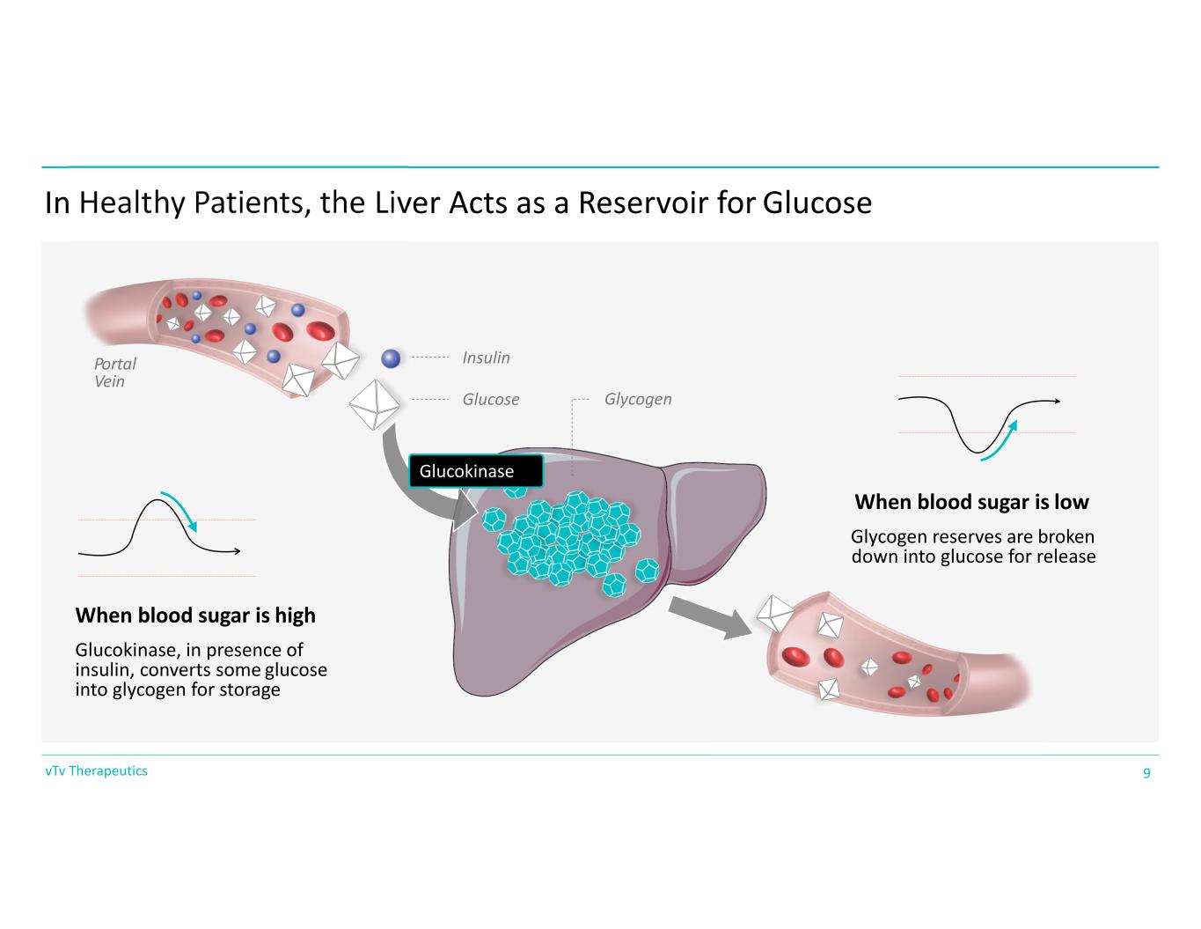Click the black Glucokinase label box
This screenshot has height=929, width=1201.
point(476,470)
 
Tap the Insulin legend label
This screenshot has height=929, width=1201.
point(486,358)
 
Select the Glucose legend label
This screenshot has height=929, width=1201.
point(491,399)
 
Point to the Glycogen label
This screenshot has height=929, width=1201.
point(638,399)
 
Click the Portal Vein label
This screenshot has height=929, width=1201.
point(114,372)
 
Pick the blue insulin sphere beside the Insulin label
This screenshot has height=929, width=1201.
point(391,358)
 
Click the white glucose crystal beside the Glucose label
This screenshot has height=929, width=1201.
point(374,405)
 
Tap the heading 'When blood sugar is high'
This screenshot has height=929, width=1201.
point(195,616)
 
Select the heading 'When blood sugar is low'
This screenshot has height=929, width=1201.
point(971,502)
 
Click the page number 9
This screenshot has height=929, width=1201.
point(1146,772)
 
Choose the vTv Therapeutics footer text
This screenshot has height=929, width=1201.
point(96,770)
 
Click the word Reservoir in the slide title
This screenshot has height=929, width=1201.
point(643,203)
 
